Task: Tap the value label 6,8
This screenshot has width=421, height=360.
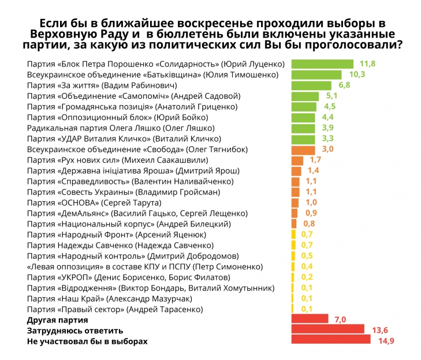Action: pos(345,86)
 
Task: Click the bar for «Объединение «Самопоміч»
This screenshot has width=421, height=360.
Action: pos(306,96)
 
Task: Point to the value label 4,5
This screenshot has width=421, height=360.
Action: pos(330,107)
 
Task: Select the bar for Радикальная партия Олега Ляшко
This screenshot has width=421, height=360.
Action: pos(303,128)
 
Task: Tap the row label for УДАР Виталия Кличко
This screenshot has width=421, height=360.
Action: pos(124,139)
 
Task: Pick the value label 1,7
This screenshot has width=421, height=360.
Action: pos(315,160)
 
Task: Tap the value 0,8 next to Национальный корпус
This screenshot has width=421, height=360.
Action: pos(309,224)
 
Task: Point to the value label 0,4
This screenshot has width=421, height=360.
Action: pos(307,266)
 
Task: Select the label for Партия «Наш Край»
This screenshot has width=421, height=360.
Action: pos(109,298)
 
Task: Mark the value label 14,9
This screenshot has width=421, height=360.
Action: pos(386,341)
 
